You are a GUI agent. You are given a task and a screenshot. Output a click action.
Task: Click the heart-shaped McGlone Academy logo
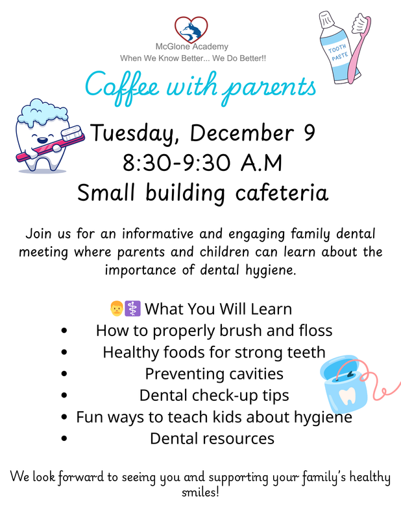pos(191,29)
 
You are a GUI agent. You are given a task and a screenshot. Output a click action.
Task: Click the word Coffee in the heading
pos(127,85)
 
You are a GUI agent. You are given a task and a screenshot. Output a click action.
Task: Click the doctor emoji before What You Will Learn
pos(117,308)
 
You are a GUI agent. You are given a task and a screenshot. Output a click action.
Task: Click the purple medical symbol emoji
pos(132,308)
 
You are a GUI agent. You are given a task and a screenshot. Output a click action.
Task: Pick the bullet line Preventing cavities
pos(213,374)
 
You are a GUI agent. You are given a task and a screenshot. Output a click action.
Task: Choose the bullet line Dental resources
pos(212,438)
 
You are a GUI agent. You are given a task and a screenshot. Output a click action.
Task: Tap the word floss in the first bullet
pos(314,331)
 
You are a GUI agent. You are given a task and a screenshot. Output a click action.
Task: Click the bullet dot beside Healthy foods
pos(64,352)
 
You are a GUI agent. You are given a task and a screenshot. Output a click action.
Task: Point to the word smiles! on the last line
pos(200,493)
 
